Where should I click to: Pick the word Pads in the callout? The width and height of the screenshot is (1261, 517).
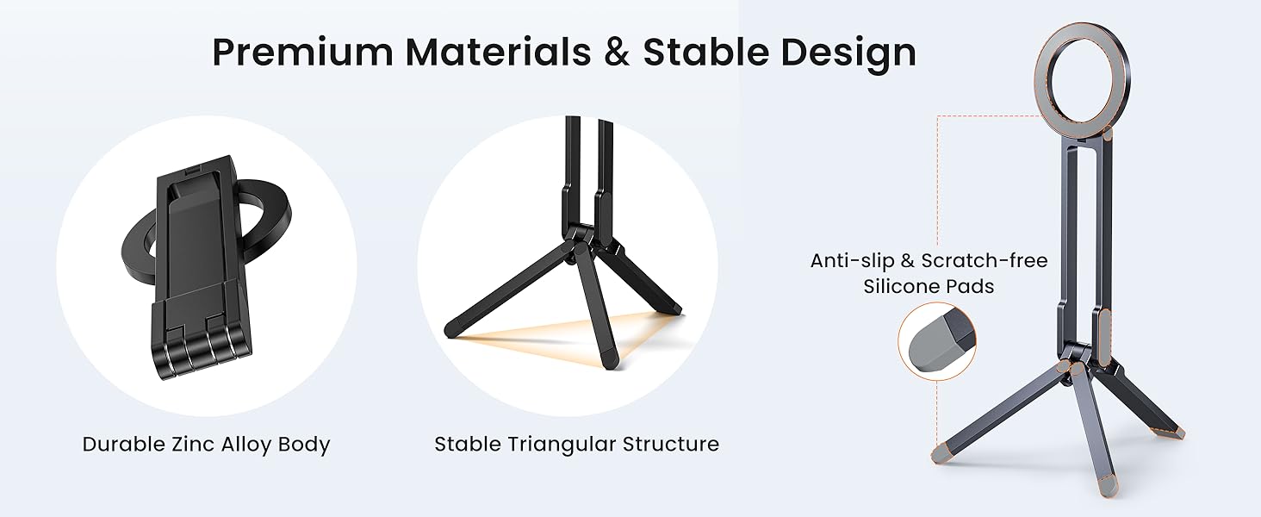point(971,286)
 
